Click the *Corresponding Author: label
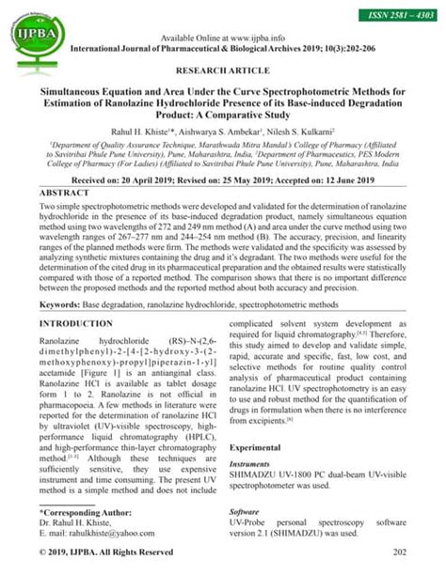[x=86, y=512]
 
